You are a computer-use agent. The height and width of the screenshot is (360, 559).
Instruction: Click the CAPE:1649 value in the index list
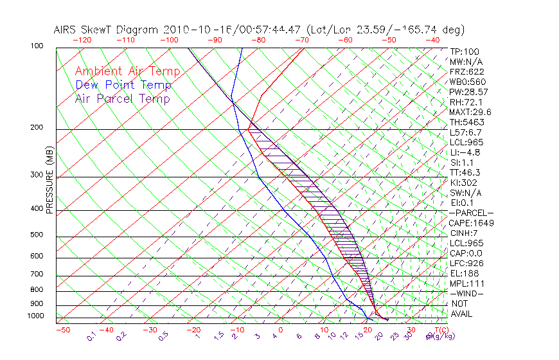471,223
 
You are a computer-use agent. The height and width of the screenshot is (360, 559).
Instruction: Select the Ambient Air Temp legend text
127,71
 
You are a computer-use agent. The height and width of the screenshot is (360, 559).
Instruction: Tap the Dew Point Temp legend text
123,85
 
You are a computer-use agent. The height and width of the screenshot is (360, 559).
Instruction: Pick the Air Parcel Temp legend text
122,98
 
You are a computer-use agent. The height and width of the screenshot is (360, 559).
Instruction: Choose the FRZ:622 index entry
466,71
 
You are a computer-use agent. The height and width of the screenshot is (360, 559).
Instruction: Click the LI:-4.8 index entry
465,152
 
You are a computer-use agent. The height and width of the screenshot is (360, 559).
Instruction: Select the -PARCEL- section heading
472,213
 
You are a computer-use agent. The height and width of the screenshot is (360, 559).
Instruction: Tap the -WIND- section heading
467,293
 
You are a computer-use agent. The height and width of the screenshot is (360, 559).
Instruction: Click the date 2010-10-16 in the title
191,30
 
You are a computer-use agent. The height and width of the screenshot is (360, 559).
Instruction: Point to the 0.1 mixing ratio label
91,336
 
